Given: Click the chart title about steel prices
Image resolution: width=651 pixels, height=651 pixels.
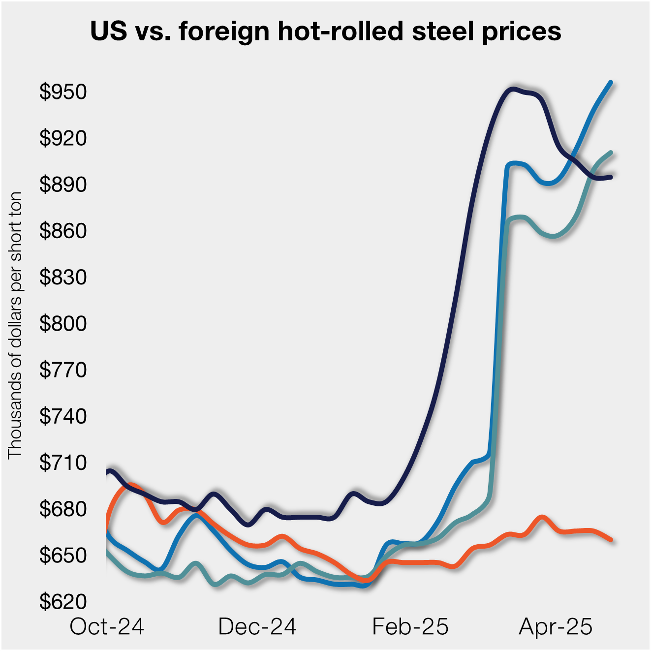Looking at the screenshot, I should coord(325,31).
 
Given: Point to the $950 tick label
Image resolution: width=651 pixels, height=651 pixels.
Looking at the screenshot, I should coord(63,92).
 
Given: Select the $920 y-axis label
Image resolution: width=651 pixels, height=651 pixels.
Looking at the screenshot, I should coord(63,138).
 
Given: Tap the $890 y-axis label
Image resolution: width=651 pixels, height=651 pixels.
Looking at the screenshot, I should coord(63,185).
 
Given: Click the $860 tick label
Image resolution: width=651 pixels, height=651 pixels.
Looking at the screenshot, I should coord(63,231).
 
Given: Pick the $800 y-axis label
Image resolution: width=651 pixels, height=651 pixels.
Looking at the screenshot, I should coord(63,324).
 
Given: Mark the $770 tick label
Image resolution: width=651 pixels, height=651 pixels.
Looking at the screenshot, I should coord(63,370).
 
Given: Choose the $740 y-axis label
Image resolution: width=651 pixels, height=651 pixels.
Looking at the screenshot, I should coord(63,416).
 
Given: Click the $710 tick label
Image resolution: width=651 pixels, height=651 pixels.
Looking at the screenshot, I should coord(63,463).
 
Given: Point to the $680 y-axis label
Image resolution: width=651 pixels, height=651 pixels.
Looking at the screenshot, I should coord(63,509).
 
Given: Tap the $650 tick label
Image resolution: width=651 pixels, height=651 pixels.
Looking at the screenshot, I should coord(63,556).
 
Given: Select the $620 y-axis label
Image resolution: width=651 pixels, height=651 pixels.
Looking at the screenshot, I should coord(63,602).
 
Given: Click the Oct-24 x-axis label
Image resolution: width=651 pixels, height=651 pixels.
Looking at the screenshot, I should coord(107,627).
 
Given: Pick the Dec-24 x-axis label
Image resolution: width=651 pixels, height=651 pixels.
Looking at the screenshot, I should coord(257,627).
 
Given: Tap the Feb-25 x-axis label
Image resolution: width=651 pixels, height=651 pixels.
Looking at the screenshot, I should coord(410,627).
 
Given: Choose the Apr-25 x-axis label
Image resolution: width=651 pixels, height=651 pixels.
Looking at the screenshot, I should coord(556,627).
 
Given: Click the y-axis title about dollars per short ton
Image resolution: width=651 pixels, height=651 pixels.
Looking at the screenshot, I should coord(15,325).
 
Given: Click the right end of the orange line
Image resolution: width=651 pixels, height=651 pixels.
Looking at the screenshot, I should coord(611,540).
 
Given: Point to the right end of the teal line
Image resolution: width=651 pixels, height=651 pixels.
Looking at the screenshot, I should coord(611,153).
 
